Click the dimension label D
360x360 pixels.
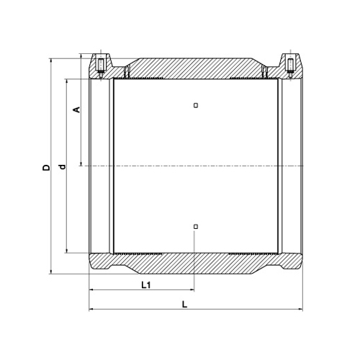coord(46,167)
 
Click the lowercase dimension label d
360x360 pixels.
coord(63,166)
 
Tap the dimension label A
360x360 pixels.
coord(76,109)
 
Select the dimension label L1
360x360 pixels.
coord(145,285)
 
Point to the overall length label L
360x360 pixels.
coord(184,305)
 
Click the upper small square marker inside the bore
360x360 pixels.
coord(196,105)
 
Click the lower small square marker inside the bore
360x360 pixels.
coord(196,226)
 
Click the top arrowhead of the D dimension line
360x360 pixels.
coord(50,60)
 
